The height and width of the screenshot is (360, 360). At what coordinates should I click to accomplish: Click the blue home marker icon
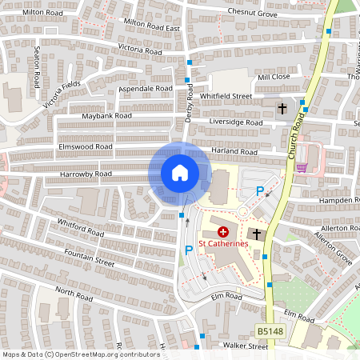pos(180,173)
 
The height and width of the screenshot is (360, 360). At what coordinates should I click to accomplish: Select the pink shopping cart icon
pos(302,166)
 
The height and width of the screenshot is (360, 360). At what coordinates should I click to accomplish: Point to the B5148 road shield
pos(270,330)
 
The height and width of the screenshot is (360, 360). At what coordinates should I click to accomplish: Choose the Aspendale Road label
pos(145,88)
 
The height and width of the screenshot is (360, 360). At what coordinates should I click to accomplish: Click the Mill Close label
pos(273,78)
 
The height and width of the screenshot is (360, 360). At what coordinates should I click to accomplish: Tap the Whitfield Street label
pos(226,96)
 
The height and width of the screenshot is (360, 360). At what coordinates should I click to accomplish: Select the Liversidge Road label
pos(235,123)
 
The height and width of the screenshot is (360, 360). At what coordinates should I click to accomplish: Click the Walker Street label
pos(245,346)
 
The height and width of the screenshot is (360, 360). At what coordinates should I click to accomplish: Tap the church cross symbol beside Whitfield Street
pos(282,107)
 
